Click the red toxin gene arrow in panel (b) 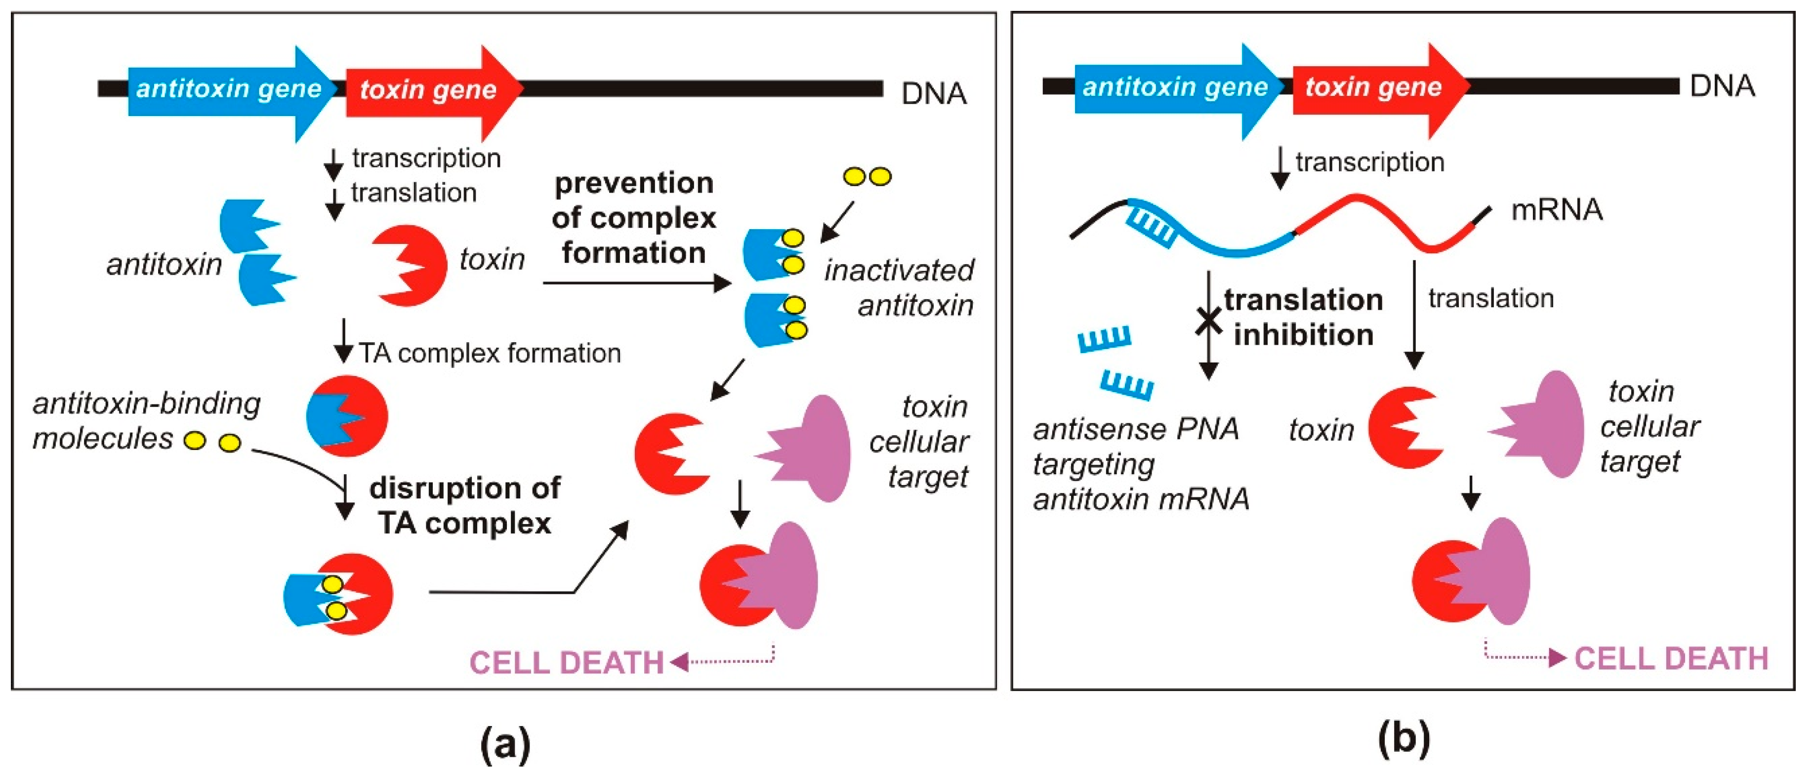click(x=1375, y=87)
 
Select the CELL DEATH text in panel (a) click(x=567, y=663)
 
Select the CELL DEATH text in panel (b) click(x=1671, y=658)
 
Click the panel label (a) click(x=505, y=742)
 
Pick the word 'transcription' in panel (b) click(x=1370, y=162)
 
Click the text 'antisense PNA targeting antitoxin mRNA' click(x=1139, y=464)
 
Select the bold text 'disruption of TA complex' click(x=464, y=505)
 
